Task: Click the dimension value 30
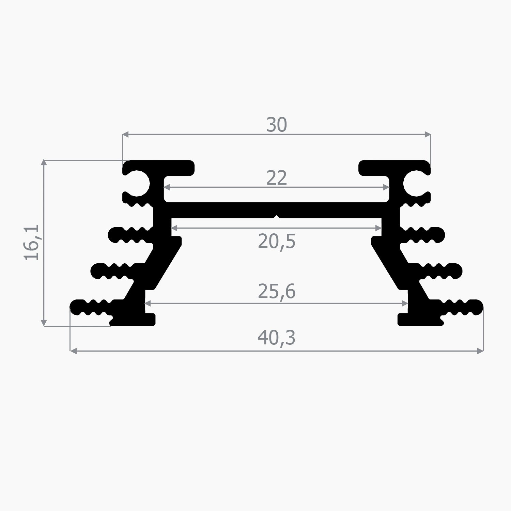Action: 276,125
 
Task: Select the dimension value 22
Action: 276,178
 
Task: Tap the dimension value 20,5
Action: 276,242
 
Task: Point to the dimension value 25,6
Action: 276,292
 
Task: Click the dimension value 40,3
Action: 276,338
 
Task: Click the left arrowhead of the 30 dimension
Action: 125,135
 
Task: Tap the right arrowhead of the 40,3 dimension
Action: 481,351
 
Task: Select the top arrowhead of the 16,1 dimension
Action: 44,162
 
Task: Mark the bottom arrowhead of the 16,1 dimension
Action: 44,323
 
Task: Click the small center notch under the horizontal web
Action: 278,216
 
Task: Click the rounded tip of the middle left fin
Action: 94,271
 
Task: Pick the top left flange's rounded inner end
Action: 191,168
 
